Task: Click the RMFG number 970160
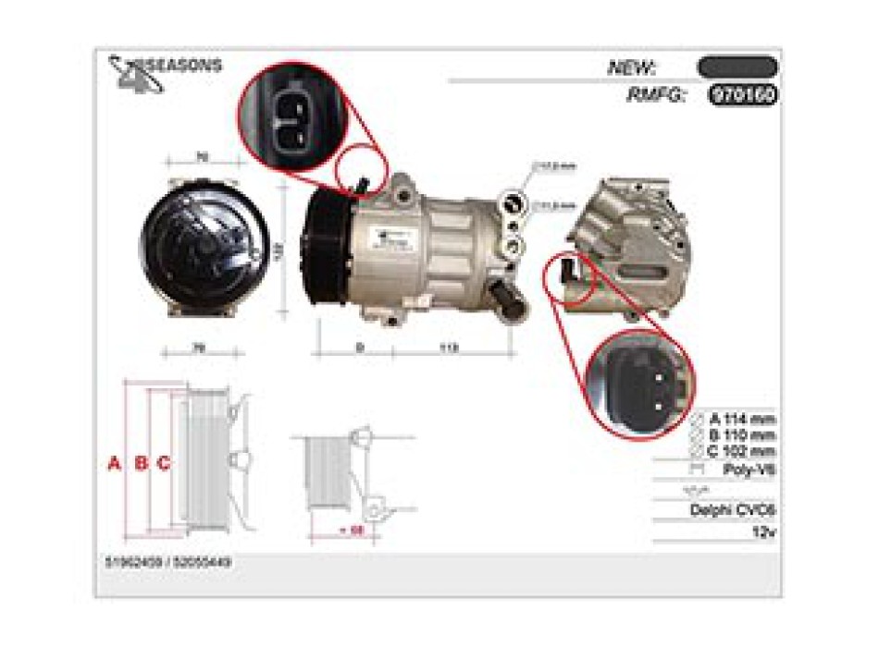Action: [742, 94]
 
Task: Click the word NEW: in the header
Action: [632, 67]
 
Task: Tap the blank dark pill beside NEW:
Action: [737, 67]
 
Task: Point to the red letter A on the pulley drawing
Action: [115, 463]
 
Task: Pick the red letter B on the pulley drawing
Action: [141, 463]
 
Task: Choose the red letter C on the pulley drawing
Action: [163, 463]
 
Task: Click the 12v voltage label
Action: [763, 533]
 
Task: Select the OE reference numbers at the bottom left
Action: [169, 562]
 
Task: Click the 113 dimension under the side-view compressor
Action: [448, 348]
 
